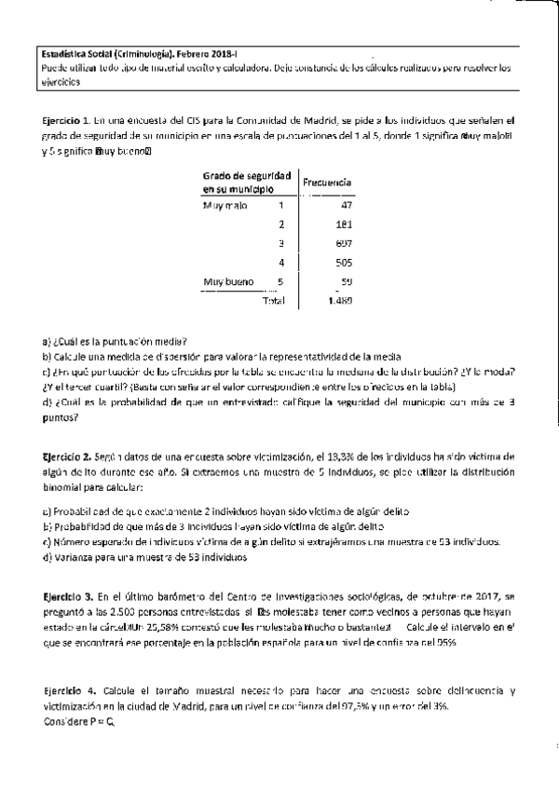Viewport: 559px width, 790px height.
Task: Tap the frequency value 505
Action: point(343,263)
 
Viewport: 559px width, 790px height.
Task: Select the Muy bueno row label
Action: point(226,281)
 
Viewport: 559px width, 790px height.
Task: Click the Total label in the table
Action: point(274,301)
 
